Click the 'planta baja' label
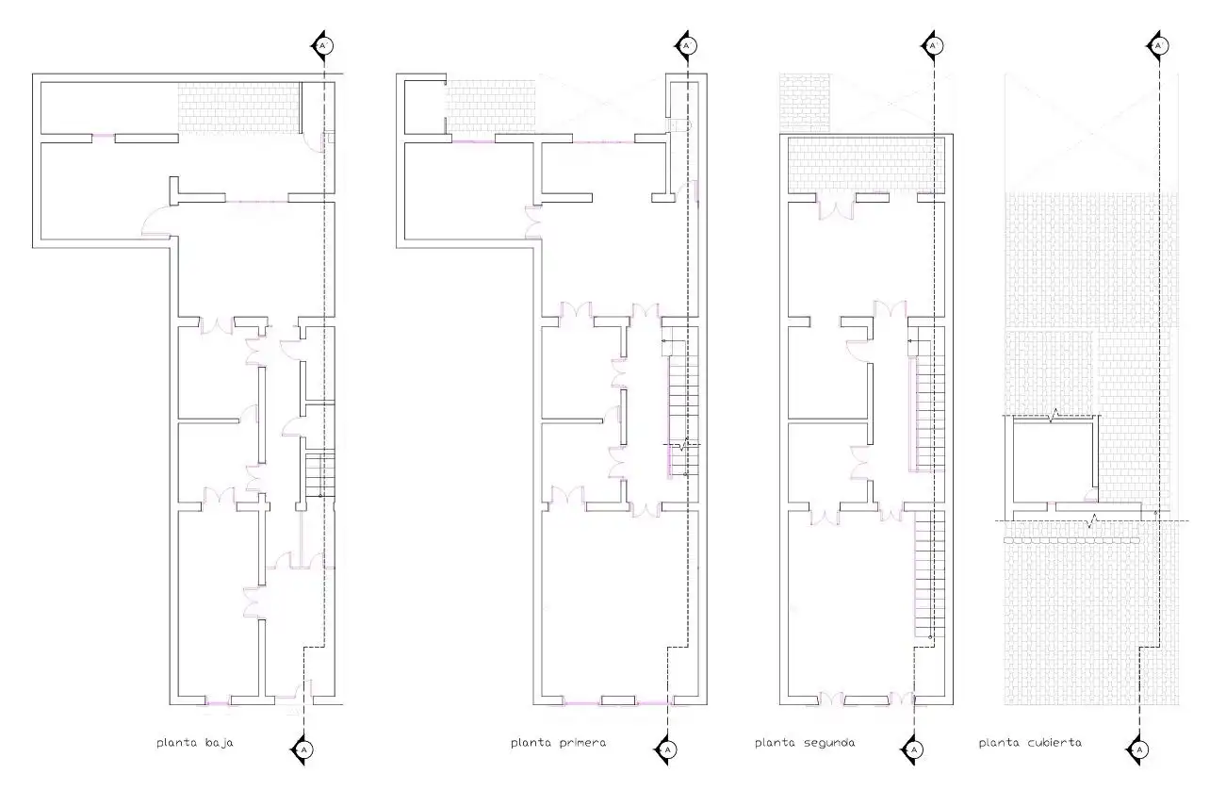[195, 743]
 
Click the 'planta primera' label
[558, 743]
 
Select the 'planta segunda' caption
[805, 743]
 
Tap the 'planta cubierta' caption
[1030, 743]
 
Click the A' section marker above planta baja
[322, 45]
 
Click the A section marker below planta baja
[303, 749]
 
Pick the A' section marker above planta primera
[687, 45]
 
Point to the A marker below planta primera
[666, 749]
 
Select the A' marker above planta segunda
[933, 45]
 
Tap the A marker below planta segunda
[913, 749]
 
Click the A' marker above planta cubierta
[1158, 45]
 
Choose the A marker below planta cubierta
[1138, 749]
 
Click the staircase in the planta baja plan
[319, 474]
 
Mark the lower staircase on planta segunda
[930, 574]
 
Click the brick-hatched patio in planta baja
[239, 107]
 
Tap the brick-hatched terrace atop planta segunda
[866, 165]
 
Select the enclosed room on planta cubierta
[1053, 462]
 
